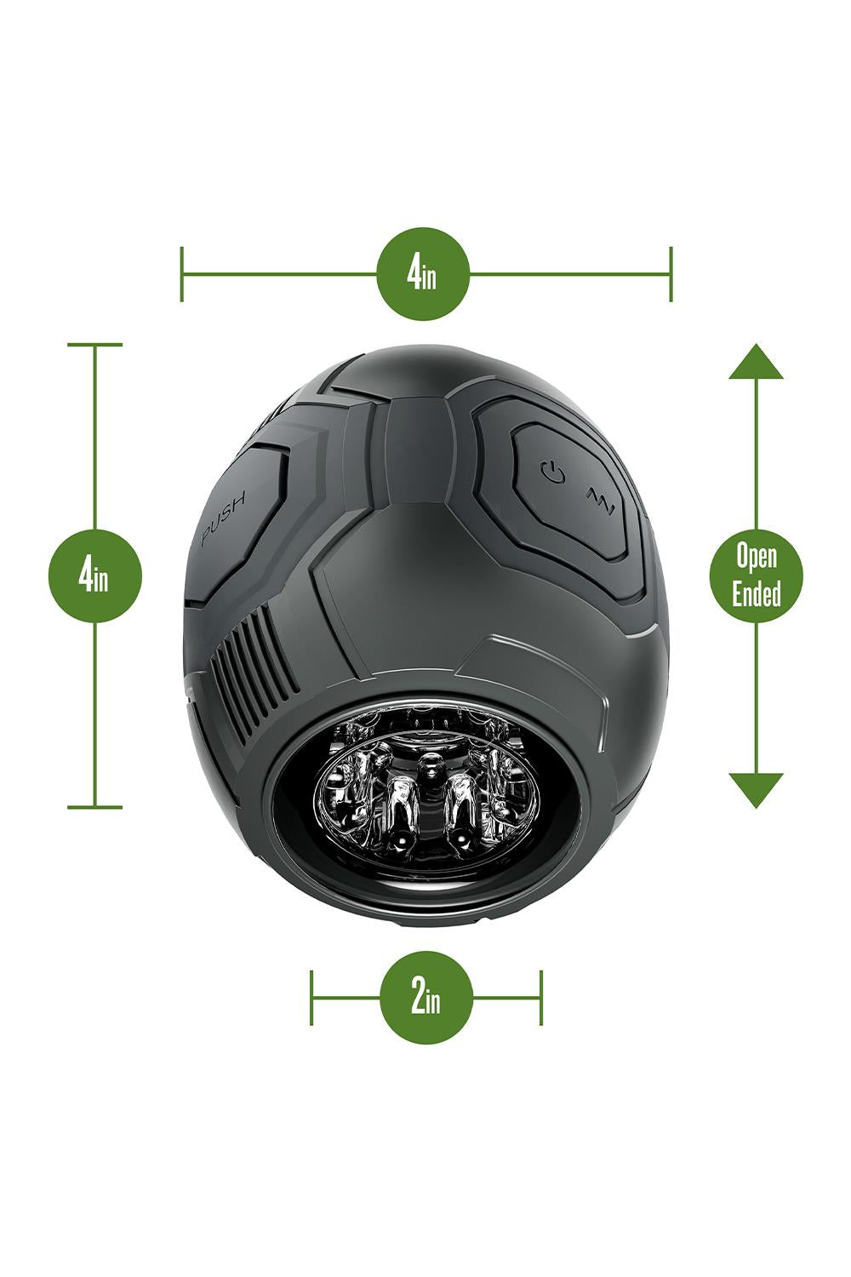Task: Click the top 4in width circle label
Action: coord(423,273)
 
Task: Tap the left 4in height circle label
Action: coord(94,576)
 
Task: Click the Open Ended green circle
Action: coord(756,574)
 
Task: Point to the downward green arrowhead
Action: coord(756,790)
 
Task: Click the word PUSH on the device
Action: coord(224,518)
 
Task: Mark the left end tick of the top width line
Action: coord(182,274)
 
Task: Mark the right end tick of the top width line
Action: coord(671,274)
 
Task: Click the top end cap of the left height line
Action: coord(94,344)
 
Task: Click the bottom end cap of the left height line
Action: coord(94,807)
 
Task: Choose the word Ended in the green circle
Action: coord(756,593)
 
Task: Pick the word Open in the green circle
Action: coord(757,555)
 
